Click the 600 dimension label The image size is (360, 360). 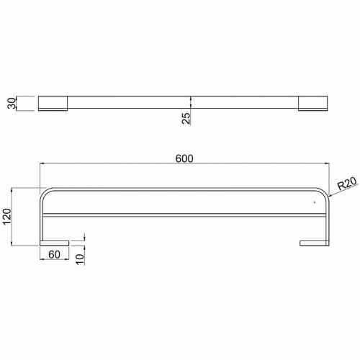pyautogui.click(x=184, y=158)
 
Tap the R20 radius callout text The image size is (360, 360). pyautogui.click(x=348, y=184)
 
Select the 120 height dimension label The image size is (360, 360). pyautogui.click(x=7, y=217)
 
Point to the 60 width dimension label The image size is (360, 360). pyautogui.click(x=54, y=254)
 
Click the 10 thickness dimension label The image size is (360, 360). pyautogui.click(x=80, y=258)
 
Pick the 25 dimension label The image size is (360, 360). pyautogui.click(x=186, y=118)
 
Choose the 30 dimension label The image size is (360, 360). pyautogui.click(x=12, y=103)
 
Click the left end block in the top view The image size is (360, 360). pyautogui.click(x=53, y=104)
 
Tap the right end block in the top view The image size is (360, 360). pyautogui.click(x=312, y=104)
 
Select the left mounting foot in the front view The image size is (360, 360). pyautogui.click(x=55, y=243)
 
